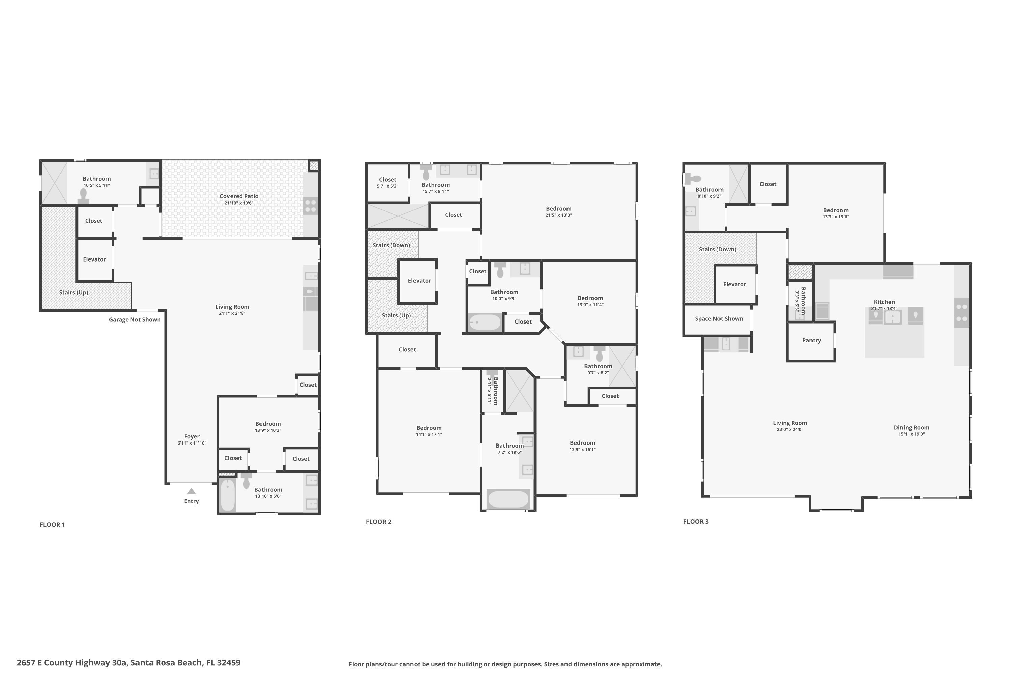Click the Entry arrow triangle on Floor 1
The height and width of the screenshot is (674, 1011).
pos(192,491)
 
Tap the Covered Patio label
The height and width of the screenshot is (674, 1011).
pos(239,196)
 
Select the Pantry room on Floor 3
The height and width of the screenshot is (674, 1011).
pos(811,340)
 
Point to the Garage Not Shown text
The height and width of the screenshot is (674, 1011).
pos(134,320)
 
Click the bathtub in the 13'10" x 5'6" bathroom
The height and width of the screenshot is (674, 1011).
pos(228,495)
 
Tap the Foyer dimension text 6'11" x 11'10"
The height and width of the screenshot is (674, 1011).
pos(192,443)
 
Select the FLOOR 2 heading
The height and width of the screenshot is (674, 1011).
pos(378,522)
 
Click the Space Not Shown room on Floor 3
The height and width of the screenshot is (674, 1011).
pos(719,319)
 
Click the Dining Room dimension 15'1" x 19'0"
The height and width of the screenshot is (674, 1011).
pos(911,434)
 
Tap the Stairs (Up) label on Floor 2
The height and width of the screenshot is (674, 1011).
pos(396,315)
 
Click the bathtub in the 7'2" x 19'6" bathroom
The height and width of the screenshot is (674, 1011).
pos(508,499)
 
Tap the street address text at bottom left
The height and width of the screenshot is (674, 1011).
pos(128,663)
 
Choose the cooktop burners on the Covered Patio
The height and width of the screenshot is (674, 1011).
pos(310,206)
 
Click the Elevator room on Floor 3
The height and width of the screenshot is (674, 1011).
pos(735,284)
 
